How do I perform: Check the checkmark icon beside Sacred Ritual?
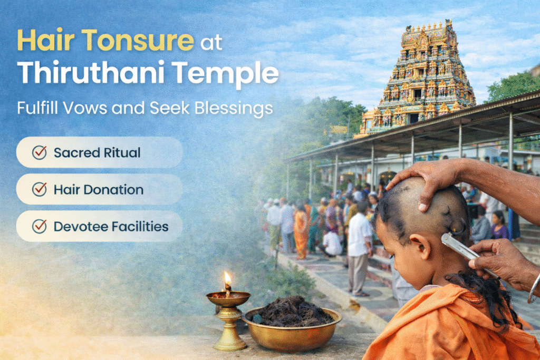[40, 152]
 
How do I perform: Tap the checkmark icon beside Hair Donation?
[40, 189]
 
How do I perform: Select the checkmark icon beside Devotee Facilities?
[40, 226]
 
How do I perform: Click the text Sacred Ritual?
[97, 153]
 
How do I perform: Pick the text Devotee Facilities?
[111, 227]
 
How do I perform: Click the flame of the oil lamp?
[227, 278]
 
